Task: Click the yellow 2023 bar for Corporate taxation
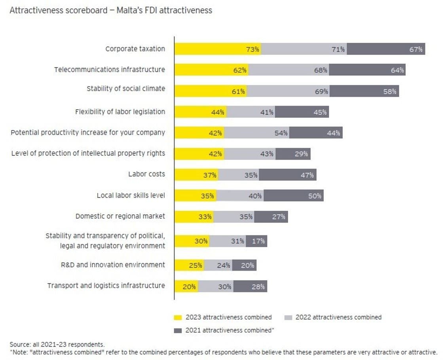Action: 218,49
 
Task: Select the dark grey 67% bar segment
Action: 386,49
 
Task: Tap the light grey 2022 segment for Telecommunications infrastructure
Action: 289,70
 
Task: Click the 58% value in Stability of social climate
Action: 389,91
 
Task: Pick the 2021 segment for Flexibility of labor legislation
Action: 302,112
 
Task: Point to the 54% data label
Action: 281,133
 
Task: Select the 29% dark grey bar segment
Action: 293,154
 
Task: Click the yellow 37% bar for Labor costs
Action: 196,175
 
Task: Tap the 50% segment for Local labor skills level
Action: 294,195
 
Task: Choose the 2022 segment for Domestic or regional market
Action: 234,217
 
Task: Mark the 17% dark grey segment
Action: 256,241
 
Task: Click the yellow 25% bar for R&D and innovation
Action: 189,265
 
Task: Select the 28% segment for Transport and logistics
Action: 250,286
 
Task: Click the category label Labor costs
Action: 146,174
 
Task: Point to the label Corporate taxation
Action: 135,49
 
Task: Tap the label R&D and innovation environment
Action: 113,265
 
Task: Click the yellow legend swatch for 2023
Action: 178,317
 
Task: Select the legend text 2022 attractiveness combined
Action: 338,317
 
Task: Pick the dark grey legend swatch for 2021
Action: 178,330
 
